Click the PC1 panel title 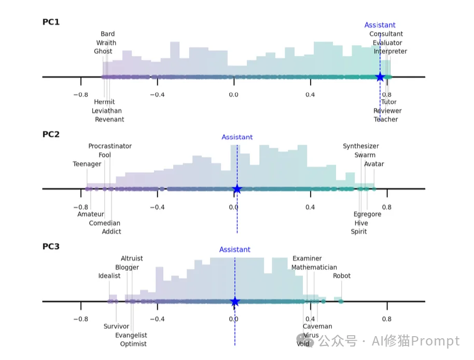point(51,22)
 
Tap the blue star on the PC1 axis point(380,77)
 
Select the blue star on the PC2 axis point(237,189)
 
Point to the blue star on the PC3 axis point(235,301)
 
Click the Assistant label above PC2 point(237,137)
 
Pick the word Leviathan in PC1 point(107,110)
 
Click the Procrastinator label point(110,146)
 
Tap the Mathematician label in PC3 point(314,268)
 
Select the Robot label point(342,276)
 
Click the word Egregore point(367,214)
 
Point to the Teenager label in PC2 point(87,164)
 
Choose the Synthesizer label point(361,146)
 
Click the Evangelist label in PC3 point(131,335)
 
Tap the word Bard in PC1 point(108,34)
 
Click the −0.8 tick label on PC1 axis point(80,94)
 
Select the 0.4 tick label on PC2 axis point(310,207)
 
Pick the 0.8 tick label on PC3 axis point(386,319)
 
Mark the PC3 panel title point(51,246)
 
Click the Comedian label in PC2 point(104,223)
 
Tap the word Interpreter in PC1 point(391,51)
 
